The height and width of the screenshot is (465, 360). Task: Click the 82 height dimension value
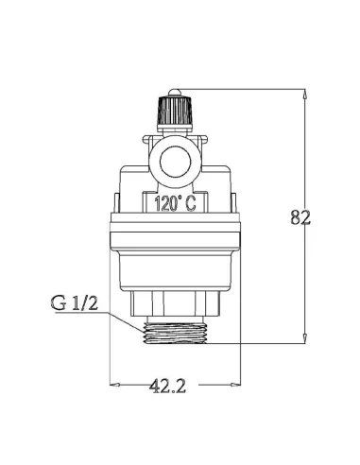[x=300, y=217]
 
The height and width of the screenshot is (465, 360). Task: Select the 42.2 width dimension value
[x=167, y=386]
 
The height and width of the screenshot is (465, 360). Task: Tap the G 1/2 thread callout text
[x=75, y=302]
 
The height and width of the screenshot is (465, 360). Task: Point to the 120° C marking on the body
[x=175, y=203]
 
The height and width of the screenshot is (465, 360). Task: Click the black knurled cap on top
[x=175, y=111]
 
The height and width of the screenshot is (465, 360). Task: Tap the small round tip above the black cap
[x=175, y=93]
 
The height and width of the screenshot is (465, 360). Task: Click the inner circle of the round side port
[x=175, y=162]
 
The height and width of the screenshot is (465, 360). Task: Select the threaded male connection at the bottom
[x=175, y=334]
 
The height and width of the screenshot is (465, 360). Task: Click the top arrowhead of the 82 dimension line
[x=304, y=95]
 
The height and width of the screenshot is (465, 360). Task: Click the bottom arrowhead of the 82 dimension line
[x=304, y=337]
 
